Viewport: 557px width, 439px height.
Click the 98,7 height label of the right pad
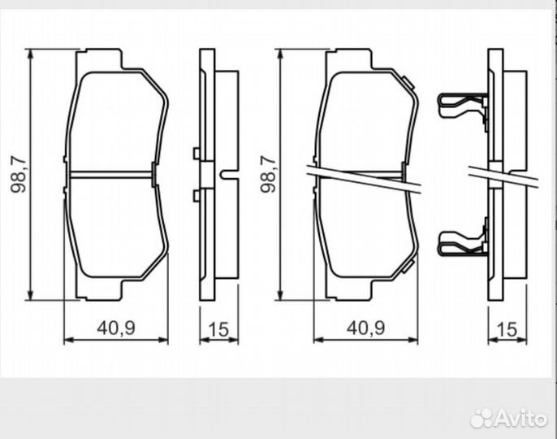click(x=266, y=173)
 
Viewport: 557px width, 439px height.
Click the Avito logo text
click(x=523, y=418)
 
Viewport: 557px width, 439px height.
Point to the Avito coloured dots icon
click(x=481, y=418)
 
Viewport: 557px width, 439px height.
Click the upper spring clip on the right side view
click(x=462, y=106)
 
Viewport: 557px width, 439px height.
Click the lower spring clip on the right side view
click(x=462, y=241)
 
